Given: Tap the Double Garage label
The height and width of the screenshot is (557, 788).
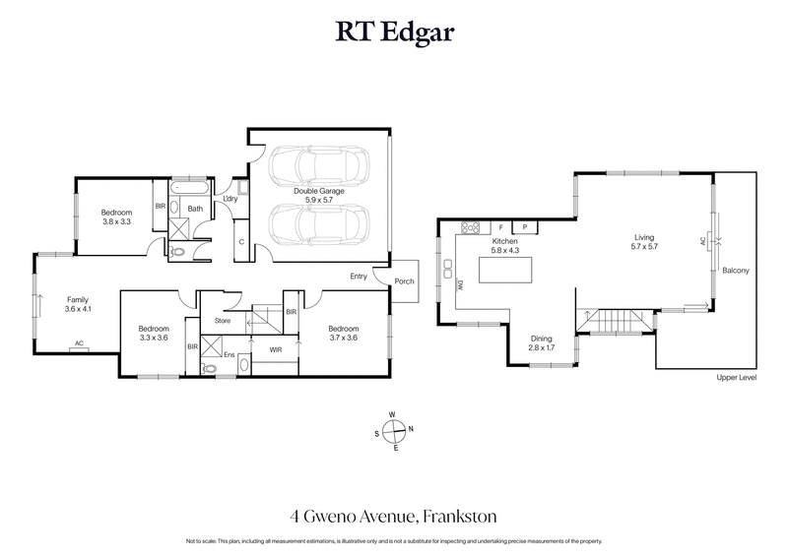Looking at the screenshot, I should click(317, 194).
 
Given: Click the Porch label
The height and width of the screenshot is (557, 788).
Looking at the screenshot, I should click(404, 281).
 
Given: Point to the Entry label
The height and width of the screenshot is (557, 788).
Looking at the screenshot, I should click(360, 277).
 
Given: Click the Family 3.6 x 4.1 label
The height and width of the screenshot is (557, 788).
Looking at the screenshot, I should click(77, 304).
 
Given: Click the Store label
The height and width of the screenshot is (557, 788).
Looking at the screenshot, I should click(223, 321).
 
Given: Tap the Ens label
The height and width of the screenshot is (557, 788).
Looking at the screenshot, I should click(230, 355).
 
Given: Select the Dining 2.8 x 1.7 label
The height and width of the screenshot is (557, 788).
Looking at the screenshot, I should click(543, 342).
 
